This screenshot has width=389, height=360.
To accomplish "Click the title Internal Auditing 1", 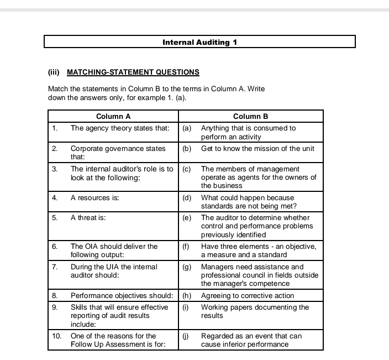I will pyautogui.click(x=199, y=42).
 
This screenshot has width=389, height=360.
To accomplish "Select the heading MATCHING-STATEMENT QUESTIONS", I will pyautogui.click(x=133, y=72).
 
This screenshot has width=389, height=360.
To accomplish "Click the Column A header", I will pyautogui.click(x=113, y=116).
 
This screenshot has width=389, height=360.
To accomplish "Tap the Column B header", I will pyautogui.click(x=250, y=116).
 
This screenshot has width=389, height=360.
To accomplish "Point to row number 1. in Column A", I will pyautogui.click(x=55, y=128).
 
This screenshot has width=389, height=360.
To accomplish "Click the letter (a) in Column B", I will pyautogui.click(x=187, y=128).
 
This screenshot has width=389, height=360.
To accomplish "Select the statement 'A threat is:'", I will pyautogui.click(x=88, y=217).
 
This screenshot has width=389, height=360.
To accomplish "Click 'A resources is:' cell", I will pyautogui.click(x=95, y=197).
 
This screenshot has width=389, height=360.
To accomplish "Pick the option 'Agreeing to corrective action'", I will pyautogui.click(x=248, y=295).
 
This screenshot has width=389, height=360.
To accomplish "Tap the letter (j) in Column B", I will pyautogui.click(x=186, y=336).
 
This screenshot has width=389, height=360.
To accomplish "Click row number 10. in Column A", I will pyautogui.click(x=57, y=336).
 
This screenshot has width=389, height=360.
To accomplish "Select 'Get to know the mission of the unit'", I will pyautogui.click(x=257, y=148).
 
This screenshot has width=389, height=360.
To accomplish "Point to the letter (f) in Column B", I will pyautogui.click(x=186, y=246).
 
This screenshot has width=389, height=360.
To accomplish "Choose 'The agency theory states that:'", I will pyautogui.click(x=120, y=128).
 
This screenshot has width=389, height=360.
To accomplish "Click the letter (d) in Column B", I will pyautogui.click(x=187, y=197).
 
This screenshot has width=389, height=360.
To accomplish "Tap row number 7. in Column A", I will pyautogui.click(x=55, y=267).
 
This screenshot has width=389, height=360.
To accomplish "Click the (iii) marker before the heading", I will pyautogui.click(x=54, y=72).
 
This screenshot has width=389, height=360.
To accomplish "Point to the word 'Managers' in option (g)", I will pyautogui.click(x=217, y=267).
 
